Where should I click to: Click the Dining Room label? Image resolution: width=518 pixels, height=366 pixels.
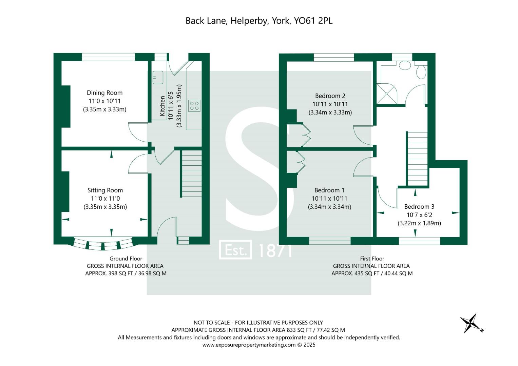tap(104, 93)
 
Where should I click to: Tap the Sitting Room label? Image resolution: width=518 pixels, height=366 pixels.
tap(105, 190)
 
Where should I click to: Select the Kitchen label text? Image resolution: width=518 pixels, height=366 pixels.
tap(162, 106)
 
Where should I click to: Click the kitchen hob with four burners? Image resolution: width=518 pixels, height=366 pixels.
tap(194, 105)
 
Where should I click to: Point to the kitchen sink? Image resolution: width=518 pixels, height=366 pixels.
tap(158, 78)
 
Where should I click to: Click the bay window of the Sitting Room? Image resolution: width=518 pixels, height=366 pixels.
tap(103, 245)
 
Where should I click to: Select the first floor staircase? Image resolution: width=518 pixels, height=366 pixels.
tap(417, 159)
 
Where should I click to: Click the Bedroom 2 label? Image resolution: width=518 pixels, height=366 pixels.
tap(330, 96)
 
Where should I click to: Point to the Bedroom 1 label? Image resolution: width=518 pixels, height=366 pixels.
tap(329, 190)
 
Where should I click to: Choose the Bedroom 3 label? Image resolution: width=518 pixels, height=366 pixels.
tap(419, 207)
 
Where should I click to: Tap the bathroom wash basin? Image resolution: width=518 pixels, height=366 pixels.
tap(405, 65)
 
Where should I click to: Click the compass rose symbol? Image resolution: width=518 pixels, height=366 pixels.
tap(471, 323)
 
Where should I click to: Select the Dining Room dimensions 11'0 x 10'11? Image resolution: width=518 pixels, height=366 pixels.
tap(104, 101)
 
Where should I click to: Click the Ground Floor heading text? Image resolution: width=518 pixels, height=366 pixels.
tap(126, 259)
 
